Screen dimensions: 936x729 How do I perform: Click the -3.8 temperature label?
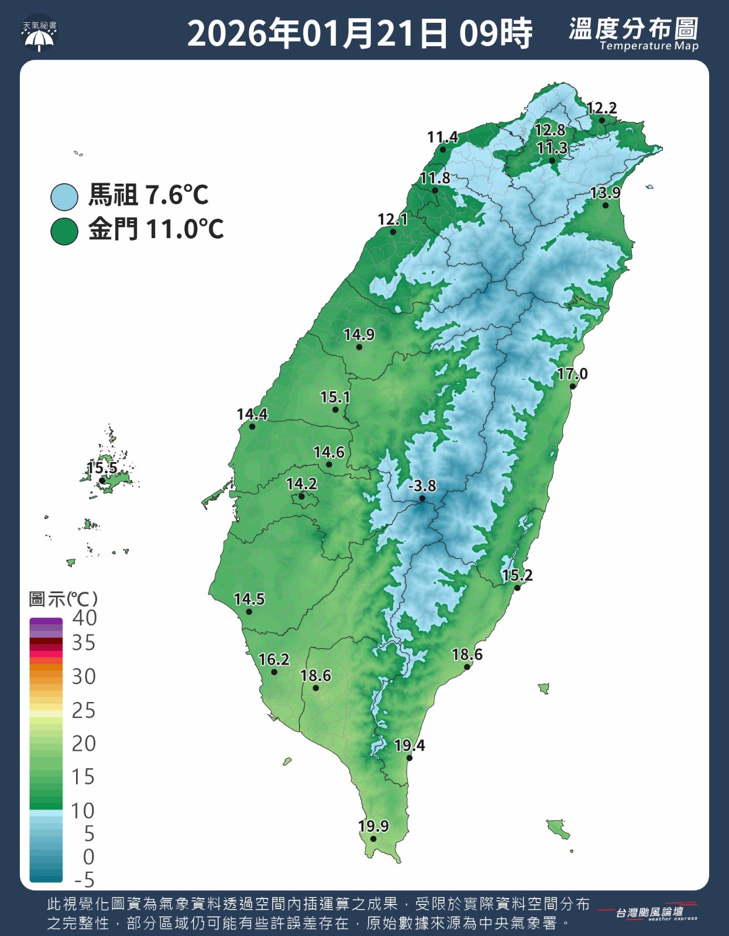[422, 486]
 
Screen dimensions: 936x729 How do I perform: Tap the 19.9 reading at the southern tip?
[373, 826]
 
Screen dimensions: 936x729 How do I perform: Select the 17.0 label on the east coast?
[572, 374]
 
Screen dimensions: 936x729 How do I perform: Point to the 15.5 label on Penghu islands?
[102, 468]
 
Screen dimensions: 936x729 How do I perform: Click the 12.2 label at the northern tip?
[601, 108]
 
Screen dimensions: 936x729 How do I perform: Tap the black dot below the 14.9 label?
[359, 347]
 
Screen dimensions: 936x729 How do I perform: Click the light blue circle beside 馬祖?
[64, 197]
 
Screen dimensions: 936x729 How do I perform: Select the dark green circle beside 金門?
[64, 231]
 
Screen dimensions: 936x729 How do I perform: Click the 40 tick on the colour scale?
[84, 618]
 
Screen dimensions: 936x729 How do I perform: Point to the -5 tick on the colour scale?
[84, 880]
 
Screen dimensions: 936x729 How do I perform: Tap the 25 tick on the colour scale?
[83, 711]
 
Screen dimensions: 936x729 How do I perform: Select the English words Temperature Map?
[648, 46]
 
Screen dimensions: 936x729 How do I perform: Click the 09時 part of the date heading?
[496, 33]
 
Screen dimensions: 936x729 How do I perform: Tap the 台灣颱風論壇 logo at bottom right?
[649, 913]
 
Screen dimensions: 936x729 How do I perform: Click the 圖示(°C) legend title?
[63, 599]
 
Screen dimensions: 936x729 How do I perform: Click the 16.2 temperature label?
[273, 660]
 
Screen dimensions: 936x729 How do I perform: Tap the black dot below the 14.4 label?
[252, 426]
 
